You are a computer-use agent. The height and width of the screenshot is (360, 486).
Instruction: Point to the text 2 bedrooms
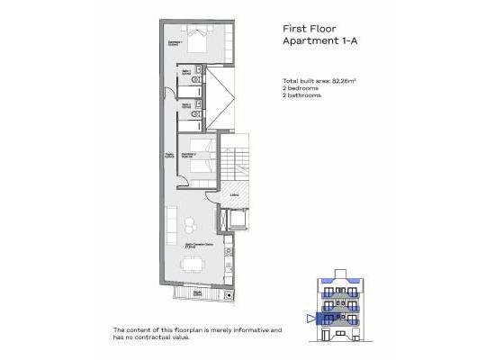click(x=301, y=89)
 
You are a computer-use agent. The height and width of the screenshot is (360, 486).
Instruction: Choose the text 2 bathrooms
click(x=302, y=96)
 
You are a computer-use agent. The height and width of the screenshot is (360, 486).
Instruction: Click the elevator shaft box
click(x=238, y=219)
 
